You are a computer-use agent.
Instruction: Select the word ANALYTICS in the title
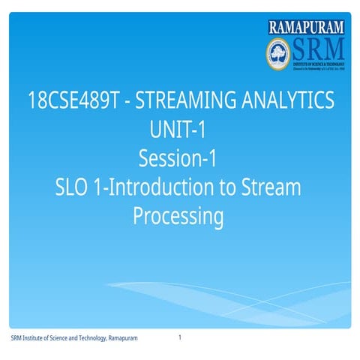(x=286, y=100)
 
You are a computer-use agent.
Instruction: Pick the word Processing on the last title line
(x=178, y=216)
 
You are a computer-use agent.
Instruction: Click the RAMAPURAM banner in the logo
(x=307, y=28)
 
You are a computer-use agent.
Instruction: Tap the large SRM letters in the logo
(x=316, y=49)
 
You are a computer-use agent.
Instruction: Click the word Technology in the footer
(x=88, y=339)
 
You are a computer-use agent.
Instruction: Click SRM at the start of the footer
(x=16, y=339)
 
